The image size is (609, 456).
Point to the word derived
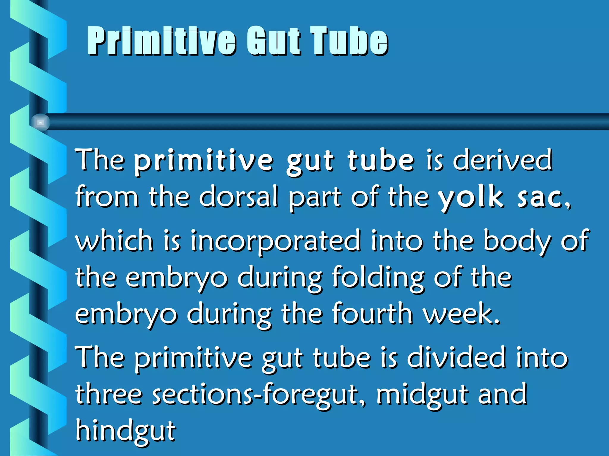click(503, 160)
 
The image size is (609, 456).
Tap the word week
click(461, 313)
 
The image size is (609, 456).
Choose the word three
click(109, 394)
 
